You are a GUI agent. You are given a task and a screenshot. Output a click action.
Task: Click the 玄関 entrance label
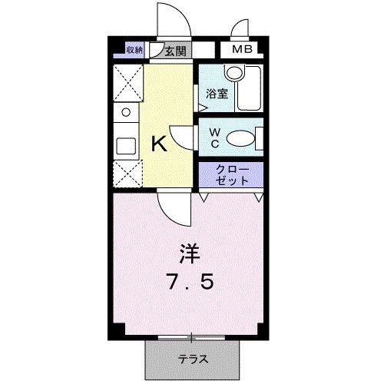tap(175, 51)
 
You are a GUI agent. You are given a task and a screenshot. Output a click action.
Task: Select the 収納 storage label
tap(134, 51)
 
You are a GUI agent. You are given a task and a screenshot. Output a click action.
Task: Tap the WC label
tap(216, 139)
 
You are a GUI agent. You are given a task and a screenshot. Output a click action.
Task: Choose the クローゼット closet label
tap(231, 174)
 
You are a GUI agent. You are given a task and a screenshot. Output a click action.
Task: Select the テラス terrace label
tap(193, 359)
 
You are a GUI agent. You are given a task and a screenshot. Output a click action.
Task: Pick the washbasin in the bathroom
tap(233, 74)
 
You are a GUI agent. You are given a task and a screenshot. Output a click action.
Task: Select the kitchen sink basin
tap(124, 145)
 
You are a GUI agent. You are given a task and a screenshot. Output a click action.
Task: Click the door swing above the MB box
tap(240, 29)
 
